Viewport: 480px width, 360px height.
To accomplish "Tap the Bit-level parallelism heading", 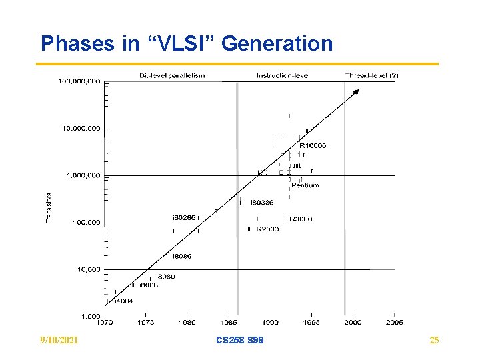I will [x=172, y=75].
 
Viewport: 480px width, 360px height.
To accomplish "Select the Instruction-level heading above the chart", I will [x=283, y=75].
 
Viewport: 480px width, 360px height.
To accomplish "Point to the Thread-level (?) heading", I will [x=371, y=75].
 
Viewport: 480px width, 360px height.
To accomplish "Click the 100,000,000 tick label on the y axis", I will [x=79, y=81].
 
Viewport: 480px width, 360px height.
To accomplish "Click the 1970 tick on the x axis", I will [x=104, y=323].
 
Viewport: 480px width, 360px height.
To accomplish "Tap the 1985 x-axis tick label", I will [x=229, y=323].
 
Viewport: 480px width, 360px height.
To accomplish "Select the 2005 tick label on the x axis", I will [x=394, y=323].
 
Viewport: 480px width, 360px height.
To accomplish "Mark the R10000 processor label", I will [x=313, y=145].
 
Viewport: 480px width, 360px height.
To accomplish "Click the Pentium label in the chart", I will [x=305, y=185].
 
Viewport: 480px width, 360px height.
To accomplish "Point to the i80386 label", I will [x=262, y=202].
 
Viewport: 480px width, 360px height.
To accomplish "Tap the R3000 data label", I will [x=301, y=219].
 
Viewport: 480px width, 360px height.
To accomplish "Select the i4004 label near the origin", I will [x=123, y=301].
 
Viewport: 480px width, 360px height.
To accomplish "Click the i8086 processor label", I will [x=182, y=256].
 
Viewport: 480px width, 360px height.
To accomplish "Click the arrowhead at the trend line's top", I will [x=357, y=92].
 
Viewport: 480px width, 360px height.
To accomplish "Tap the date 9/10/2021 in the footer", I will [x=59, y=341].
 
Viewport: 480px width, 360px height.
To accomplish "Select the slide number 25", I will [x=434, y=341].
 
